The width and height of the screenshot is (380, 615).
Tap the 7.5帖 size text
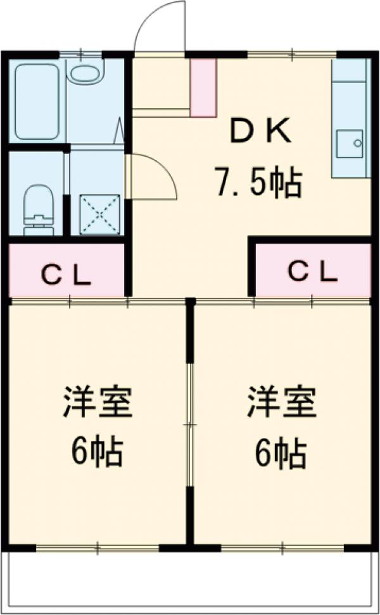point(257,183)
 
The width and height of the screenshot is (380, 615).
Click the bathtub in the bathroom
point(37,101)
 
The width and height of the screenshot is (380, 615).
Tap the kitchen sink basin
point(350,145)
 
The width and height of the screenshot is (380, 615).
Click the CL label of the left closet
point(66,273)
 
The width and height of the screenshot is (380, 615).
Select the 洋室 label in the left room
point(96,403)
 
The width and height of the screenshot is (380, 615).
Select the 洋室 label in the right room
point(282,403)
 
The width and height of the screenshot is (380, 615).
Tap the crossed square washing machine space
point(99,214)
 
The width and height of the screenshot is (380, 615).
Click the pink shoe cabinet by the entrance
point(203,87)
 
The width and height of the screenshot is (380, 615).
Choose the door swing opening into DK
point(152,177)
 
